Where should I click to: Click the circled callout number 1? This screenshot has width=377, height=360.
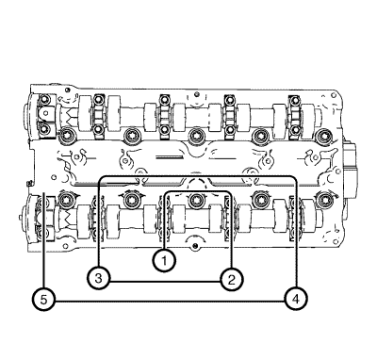click(x=164, y=260)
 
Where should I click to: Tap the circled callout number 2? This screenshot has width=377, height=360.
click(x=231, y=279)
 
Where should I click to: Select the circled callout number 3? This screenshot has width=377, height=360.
click(x=99, y=278)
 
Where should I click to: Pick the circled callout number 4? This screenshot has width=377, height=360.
click(x=296, y=299)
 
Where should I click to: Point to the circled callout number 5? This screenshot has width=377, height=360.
click(x=43, y=300)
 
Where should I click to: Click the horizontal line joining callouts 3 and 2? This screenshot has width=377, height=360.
click(x=165, y=282)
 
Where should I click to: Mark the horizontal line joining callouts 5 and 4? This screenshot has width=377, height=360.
click(x=170, y=302)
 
